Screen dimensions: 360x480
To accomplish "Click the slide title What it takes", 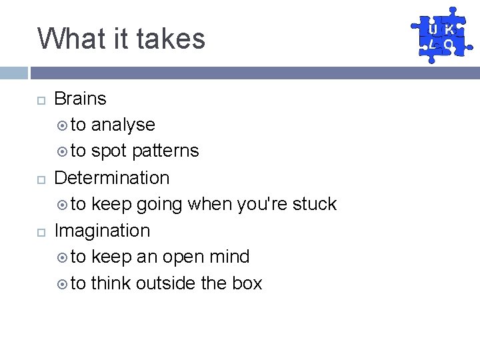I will tap(121, 38).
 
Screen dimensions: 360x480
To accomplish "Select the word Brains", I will tap(80, 99).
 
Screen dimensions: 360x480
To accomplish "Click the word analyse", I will tap(123, 125).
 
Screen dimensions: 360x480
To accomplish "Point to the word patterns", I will tap(165, 151).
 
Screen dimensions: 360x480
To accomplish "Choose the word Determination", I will tap(111, 178).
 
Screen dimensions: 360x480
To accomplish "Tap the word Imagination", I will tap(102, 231).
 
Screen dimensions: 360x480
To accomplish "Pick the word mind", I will tap(230, 257).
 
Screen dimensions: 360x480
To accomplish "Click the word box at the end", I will tap(247, 283).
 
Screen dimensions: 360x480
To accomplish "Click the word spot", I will tap(109, 151).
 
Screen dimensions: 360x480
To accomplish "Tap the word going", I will tap(159, 205).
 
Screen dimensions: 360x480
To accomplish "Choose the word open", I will tap(181, 257).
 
